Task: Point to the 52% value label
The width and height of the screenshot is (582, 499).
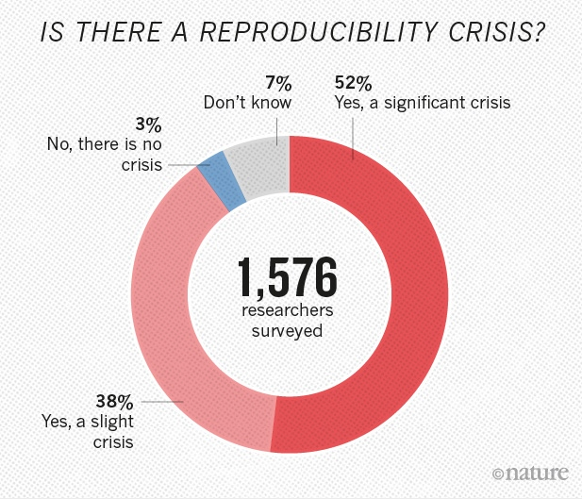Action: pyautogui.click(x=350, y=83)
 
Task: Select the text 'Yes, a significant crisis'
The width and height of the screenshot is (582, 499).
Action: pyautogui.click(x=423, y=102)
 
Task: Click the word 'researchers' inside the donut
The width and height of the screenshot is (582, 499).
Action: pyautogui.click(x=289, y=312)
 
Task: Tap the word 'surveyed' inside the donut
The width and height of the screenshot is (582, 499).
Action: pyautogui.click(x=289, y=331)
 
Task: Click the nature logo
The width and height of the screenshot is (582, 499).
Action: pyautogui.click(x=536, y=471)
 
